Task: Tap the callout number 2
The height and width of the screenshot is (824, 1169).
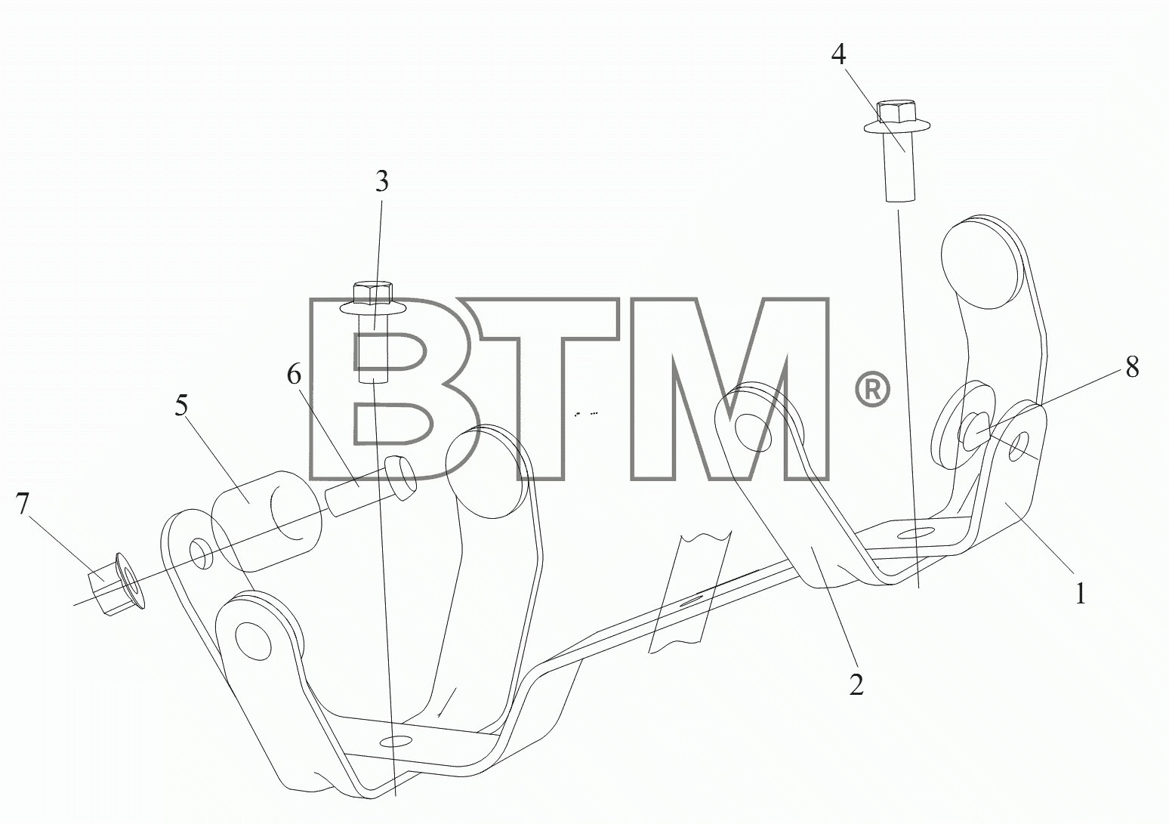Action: (x=856, y=685)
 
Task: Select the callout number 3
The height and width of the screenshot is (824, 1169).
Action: (x=382, y=181)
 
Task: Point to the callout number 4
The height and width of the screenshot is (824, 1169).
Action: (x=839, y=54)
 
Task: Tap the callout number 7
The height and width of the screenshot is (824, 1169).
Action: (x=22, y=504)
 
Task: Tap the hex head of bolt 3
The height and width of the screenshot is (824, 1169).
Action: (x=372, y=293)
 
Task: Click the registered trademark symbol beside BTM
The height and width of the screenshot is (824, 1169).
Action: (x=872, y=389)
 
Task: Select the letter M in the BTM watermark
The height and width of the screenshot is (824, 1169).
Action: (x=729, y=388)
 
